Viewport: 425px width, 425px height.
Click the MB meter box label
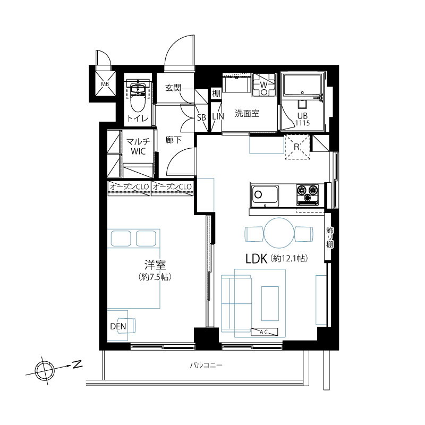click(x=105, y=84)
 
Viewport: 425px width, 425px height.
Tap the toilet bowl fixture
click(x=138, y=97)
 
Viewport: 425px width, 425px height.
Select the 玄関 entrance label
click(x=173, y=88)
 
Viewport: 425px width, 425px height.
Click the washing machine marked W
click(x=263, y=85)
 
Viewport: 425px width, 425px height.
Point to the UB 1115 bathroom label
click(x=302, y=119)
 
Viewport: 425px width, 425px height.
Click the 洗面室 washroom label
click(x=247, y=113)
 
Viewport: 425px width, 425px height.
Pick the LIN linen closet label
click(x=218, y=116)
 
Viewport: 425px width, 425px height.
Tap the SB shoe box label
click(x=201, y=117)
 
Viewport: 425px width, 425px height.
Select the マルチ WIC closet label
click(x=138, y=147)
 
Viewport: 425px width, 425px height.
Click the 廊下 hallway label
click(x=174, y=140)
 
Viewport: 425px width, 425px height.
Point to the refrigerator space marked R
click(x=297, y=147)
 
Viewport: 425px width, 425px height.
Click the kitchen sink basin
click(x=265, y=194)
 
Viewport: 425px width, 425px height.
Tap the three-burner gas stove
click(x=308, y=194)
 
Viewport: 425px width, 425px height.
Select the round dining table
click(x=279, y=233)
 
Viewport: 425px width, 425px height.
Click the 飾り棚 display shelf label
click(x=329, y=237)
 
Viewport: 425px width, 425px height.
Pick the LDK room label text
click(x=257, y=259)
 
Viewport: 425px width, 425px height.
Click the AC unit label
click(x=264, y=331)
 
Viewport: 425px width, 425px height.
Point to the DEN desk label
click(x=118, y=326)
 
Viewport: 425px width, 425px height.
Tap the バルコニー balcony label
click(x=206, y=365)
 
